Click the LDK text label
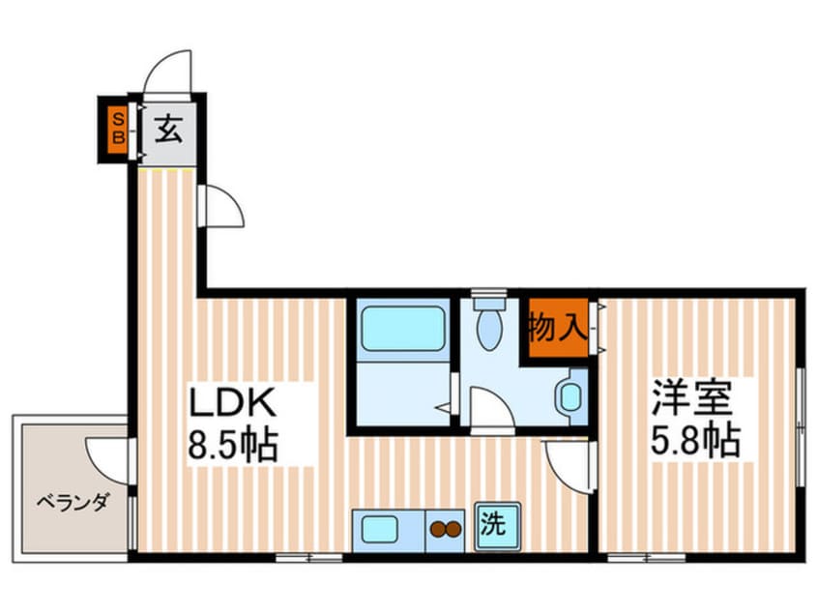click(233, 400)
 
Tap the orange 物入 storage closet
click(556, 330)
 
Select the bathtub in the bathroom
click(400, 328)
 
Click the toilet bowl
click(490, 326)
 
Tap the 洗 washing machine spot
click(494, 526)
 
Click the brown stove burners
click(446, 529)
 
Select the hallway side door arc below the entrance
click(220, 205)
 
